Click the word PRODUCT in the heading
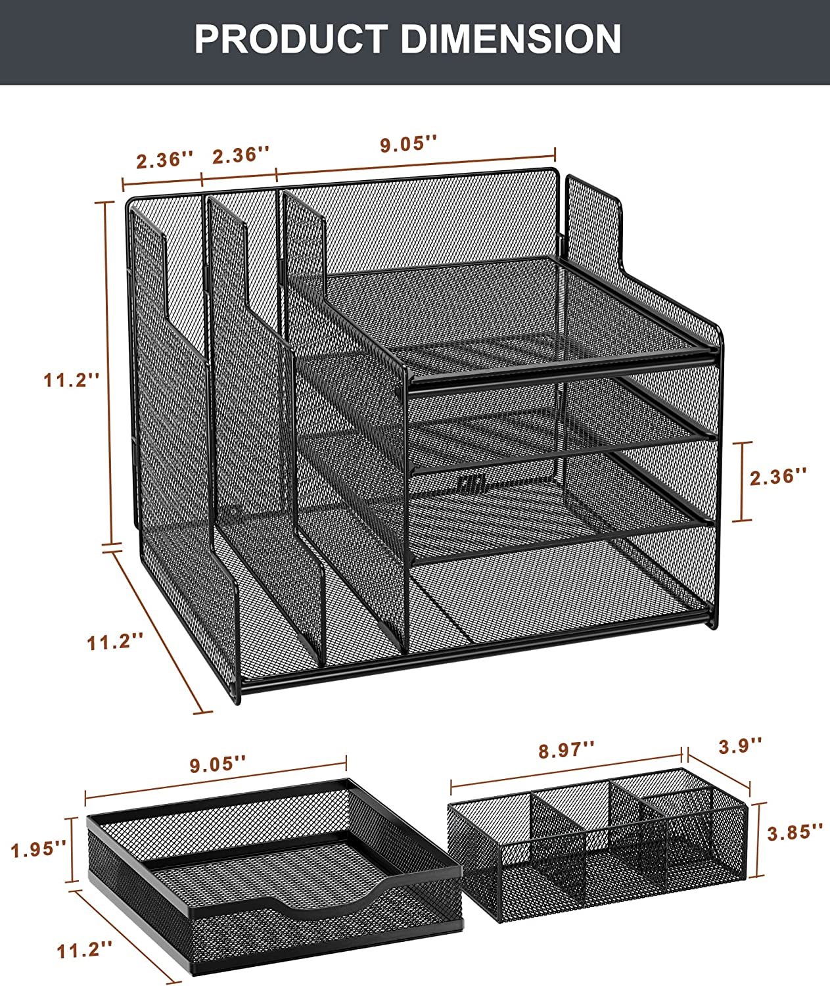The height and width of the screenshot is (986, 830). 291,39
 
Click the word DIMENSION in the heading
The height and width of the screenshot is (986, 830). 511,39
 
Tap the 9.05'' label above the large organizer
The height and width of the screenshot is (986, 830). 409,143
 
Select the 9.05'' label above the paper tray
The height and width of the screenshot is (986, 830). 218,763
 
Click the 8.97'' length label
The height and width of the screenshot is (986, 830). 566,750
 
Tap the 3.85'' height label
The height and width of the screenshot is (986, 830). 795,832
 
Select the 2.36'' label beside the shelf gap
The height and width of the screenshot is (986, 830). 779,477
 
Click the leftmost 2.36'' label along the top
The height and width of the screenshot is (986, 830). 165,160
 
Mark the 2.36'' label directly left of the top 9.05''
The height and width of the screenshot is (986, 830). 241,155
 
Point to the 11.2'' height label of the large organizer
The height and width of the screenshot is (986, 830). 72,380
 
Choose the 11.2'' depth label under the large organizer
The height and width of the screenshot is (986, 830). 115,642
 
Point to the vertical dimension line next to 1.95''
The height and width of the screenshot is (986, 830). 72,849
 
